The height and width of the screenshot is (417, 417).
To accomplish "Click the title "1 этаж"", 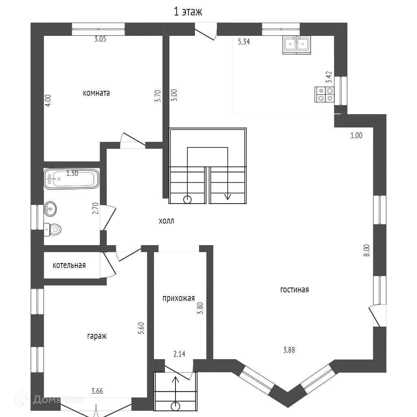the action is pos(188,12).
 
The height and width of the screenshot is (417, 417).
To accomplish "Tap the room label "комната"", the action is pos(96,93).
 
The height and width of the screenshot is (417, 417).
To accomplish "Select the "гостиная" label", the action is pos(294,290).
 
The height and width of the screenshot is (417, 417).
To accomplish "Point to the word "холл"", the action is pos(166,221).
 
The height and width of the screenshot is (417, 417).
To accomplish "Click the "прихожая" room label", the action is pos(179,298).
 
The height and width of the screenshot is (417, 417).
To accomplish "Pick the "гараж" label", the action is pos(97,336).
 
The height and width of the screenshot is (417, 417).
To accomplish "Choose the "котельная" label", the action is pos(69,266).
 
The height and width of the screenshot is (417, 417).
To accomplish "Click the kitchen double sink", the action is pos(296,44).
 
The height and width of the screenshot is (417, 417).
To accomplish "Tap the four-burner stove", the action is pos(324,94).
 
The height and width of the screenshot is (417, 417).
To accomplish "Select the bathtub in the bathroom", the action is pos(71,179).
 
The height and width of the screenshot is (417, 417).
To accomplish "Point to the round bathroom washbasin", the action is pos(50,209).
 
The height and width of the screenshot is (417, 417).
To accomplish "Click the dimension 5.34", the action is pos(244,41).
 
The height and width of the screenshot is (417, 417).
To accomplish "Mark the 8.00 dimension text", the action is pos(367,250).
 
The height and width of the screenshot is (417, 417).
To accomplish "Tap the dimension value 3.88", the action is pos(289,350).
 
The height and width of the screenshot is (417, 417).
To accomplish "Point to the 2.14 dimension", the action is pos(180,354).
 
